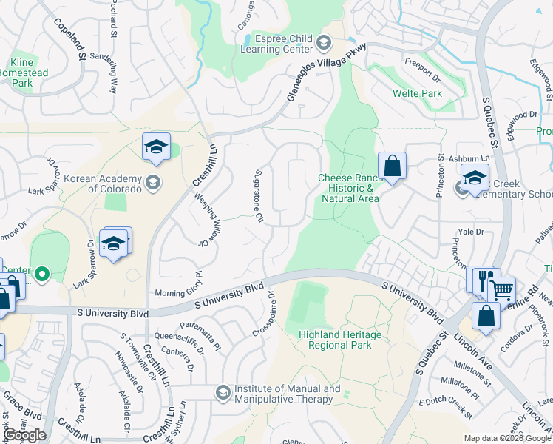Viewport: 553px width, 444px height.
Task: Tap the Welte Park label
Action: pyautogui.click(x=418, y=94)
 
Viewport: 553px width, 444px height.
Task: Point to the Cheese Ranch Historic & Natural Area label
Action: pyautogui.click(x=348, y=188)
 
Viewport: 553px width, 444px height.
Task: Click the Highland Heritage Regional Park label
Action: pyautogui.click(x=340, y=340)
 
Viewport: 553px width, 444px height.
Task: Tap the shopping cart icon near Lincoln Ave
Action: pyautogui.click(x=503, y=289)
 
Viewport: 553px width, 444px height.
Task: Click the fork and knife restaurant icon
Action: pyautogui.click(x=483, y=280)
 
